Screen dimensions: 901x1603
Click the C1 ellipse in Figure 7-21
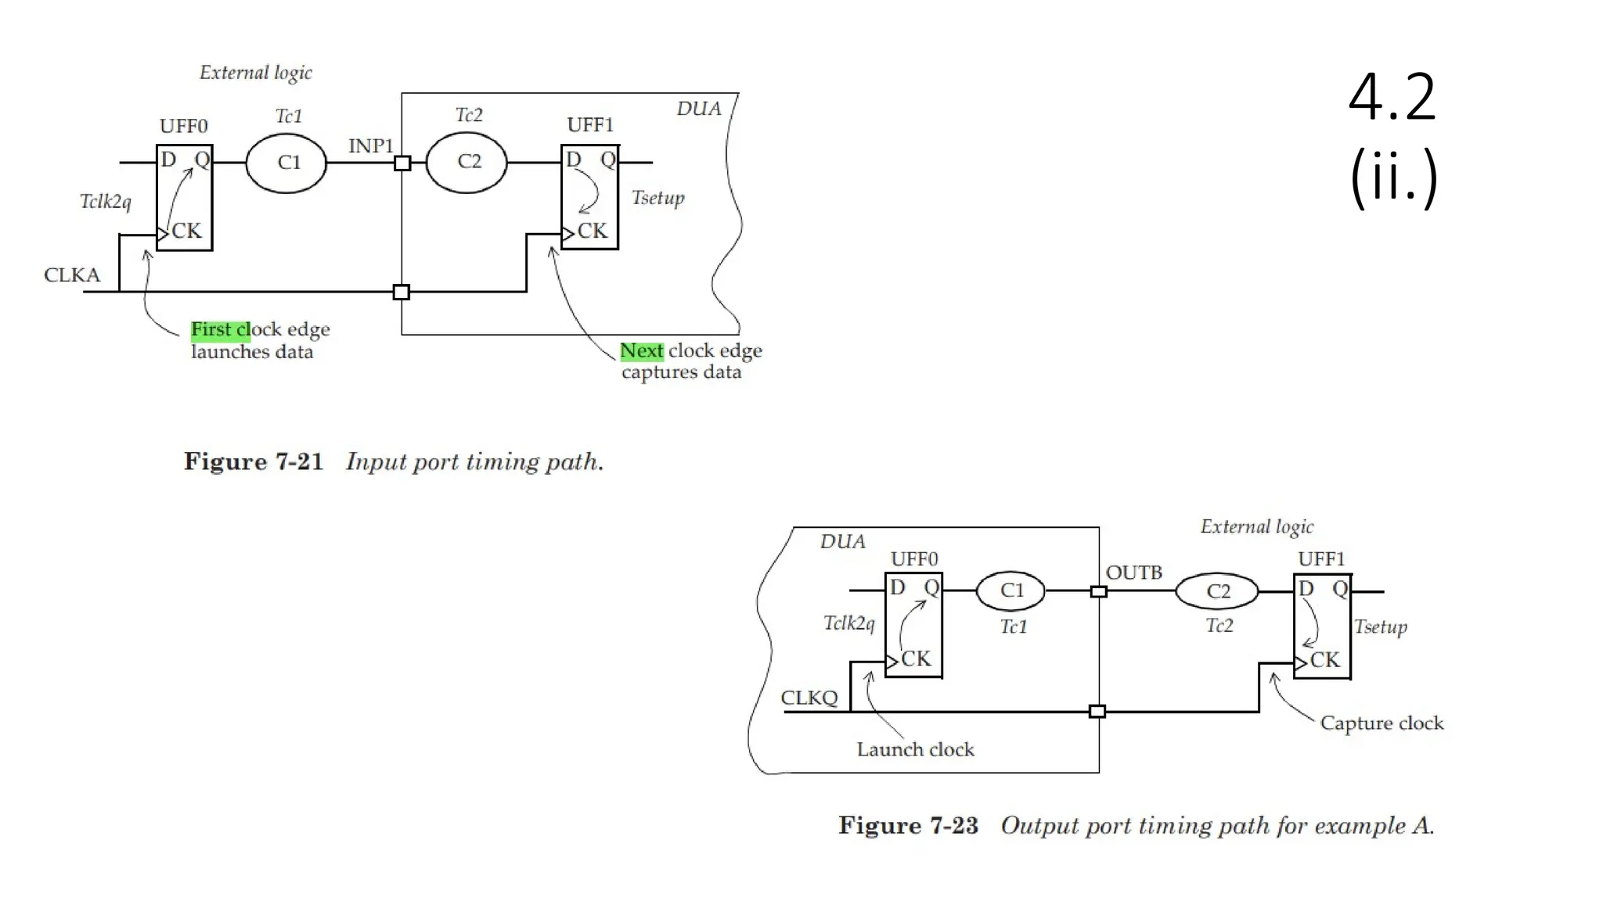tap(286, 163)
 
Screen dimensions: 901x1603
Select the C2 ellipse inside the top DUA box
tap(466, 162)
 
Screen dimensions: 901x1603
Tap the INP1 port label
tap(370, 146)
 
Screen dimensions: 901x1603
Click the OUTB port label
tap(1133, 573)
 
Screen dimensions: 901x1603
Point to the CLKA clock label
tap(72, 275)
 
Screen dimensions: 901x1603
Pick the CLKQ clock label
tap(809, 698)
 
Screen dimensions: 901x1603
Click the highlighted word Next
tap(641, 351)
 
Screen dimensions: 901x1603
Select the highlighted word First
tap(211, 329)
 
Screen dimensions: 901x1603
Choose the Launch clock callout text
tap(915, 749)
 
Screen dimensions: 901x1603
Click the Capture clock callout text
tap(1381, 723)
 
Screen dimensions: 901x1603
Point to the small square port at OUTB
tap(1098, 592)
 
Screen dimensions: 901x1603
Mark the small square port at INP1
tap(402, 163)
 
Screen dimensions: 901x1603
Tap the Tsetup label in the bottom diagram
tap(1381, 626)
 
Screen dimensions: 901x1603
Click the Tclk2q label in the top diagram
tap(106, 202)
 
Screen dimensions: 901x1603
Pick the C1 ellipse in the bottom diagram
tap(1010, 591)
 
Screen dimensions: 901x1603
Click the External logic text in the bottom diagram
tap(1256, 527)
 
